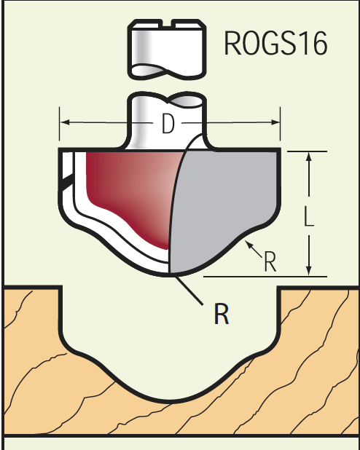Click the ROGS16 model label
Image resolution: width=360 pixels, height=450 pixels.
[275, 43]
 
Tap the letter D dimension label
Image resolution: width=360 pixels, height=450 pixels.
[168, 123]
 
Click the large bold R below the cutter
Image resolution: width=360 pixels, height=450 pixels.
[222, 314]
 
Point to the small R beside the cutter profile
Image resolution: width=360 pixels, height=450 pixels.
[270, 261]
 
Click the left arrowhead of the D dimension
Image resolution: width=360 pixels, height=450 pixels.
[65, 122]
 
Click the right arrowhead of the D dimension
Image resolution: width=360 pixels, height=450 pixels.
[275, 122]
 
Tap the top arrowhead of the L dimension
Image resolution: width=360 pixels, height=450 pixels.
[309, 157]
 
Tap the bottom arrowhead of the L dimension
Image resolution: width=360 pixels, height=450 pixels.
[309, 271]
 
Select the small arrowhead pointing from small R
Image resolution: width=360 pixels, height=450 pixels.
[248, 244]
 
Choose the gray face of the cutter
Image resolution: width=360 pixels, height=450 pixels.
[224, 207]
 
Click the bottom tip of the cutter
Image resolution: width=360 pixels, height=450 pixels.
[170, 275]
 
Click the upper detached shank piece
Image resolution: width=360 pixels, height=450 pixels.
[167, 50]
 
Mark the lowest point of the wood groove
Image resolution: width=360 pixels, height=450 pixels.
[170, 401]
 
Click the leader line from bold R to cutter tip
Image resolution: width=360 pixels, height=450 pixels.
[189, 290]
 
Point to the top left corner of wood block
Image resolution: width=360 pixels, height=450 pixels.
[4, 286]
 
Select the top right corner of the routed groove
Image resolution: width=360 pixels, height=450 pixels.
[278, 287]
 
